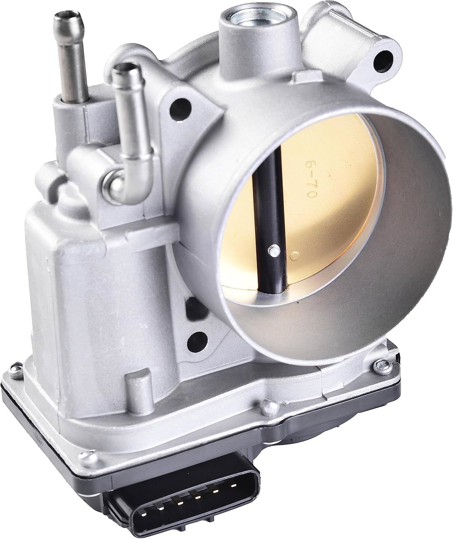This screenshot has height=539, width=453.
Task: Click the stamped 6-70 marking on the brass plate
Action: click(x=310, y=180)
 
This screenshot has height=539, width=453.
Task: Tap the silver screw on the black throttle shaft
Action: click(x=274, y=250)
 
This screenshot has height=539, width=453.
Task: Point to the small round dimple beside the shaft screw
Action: click(x=294, y=256)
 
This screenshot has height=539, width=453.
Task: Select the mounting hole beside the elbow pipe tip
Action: click(x=180, y=110)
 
